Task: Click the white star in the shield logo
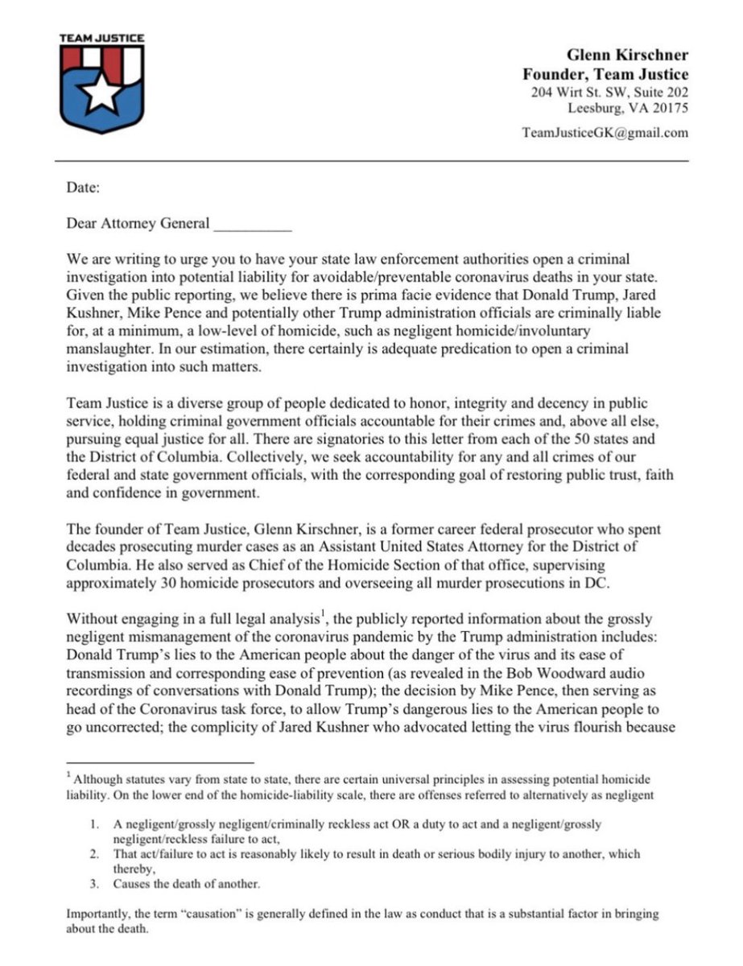pyautogui.click(x=102, y=93)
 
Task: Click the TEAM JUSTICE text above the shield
pyautogui.click(x=102, y=37)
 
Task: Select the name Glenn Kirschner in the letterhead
pyautogui.click(x=627, y=56)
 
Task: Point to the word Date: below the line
pyautogui.click(x=83, y=189)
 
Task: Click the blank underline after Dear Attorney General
pyautogui.click(x=252, y=224)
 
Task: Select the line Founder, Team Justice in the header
pyautogui.click(x=605, y=74)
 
